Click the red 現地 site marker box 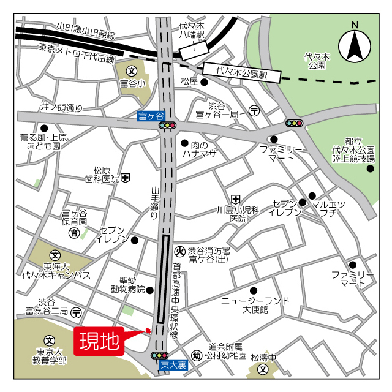(99, 342)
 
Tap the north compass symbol (355, 43)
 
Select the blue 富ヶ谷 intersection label (151, 115)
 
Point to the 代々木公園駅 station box (243, 72)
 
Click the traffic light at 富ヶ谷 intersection (167, 126)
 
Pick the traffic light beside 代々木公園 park (295, 123)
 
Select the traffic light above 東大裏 (159, 355)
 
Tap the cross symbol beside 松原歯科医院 (125, 178)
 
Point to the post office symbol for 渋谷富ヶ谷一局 (254, 111)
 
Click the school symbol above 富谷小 (131, 72)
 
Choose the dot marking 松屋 (204, 82)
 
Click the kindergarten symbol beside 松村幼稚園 (197, 355)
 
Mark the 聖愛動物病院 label (128, 284)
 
